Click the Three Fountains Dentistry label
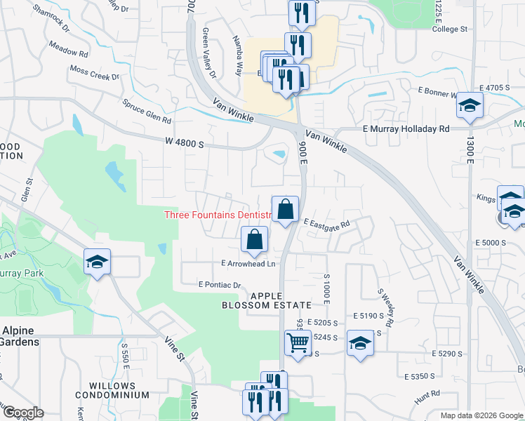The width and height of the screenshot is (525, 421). click(218, 215)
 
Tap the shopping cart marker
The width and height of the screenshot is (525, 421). click(298, 344)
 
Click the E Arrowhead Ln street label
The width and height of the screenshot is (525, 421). click(248, 264)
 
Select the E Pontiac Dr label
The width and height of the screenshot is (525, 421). click(220, 286)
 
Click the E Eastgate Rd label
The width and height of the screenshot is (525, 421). click(326, 222)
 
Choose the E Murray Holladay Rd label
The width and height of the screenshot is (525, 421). click(406, 129)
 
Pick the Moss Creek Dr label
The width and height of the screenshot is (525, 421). click(95, 72)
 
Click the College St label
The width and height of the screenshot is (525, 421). click(450, 29)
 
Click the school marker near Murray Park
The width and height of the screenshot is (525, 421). click(97, 263)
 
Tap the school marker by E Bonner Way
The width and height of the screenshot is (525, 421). click(469, 107)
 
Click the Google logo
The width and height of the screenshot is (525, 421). click(23, 413)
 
